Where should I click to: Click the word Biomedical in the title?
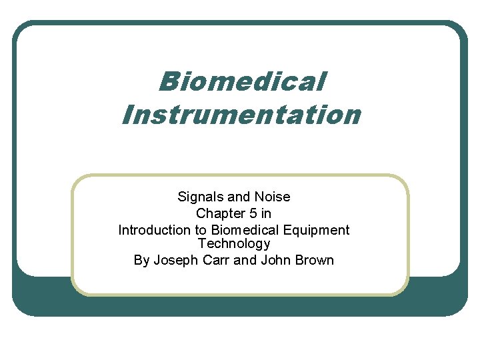243,82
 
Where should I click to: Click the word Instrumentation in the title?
241,114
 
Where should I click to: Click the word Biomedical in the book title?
243,230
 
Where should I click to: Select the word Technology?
234,244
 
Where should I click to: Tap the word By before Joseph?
141,260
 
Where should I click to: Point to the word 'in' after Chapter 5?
266,213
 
